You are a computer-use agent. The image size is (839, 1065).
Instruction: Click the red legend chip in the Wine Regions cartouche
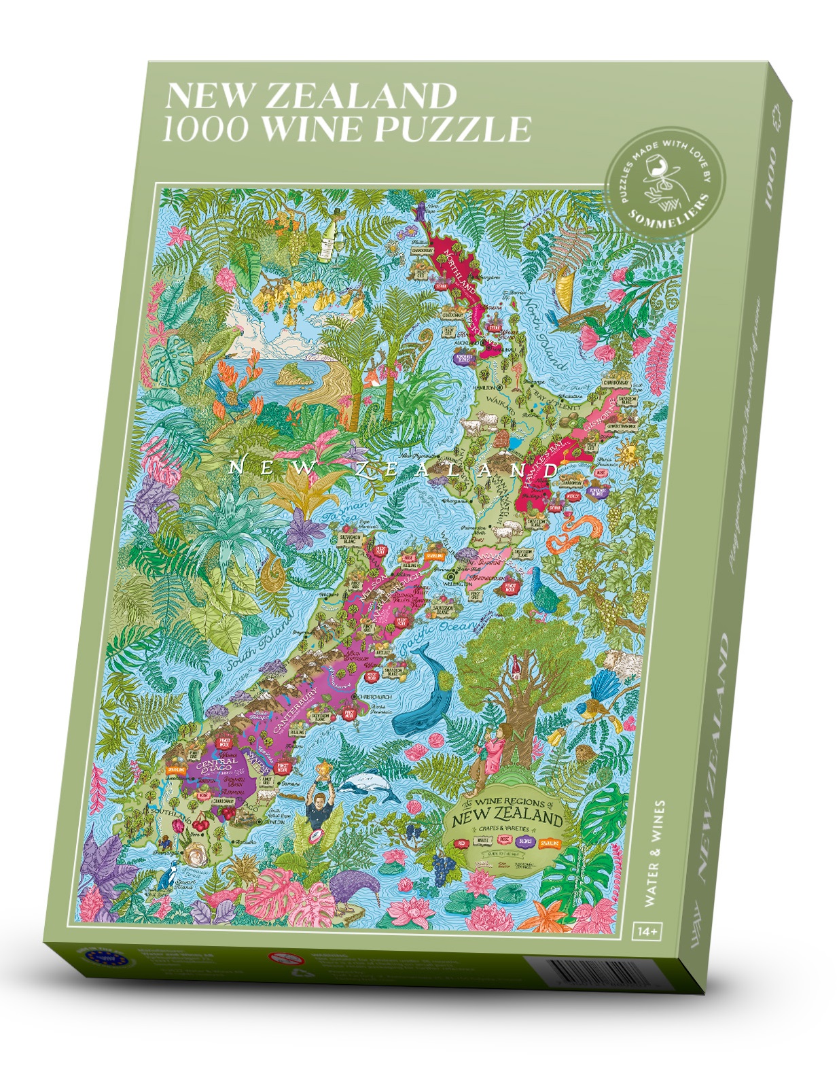pos(463,843)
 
